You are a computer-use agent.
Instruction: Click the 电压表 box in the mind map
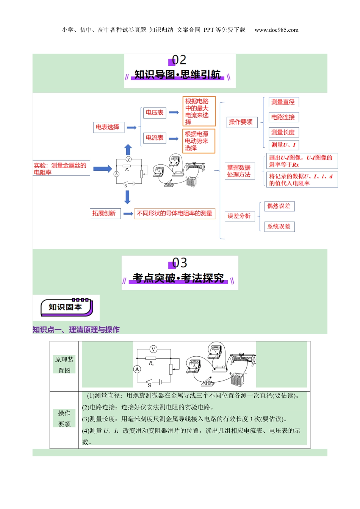[x=155, y=112]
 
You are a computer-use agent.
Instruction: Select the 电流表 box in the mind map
[x=155, y=138]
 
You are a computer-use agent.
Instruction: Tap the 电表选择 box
[x=108, y=127]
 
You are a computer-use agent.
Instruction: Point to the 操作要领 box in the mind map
[x=241, y=122]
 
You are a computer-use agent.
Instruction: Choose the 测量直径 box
[x=283, y=102]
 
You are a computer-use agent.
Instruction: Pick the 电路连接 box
[x=283, y=117]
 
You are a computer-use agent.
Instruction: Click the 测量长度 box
[x=283, y=132]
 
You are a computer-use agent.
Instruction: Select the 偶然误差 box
[x=279, y=206]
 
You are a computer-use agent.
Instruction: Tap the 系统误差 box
[x=279, y=226]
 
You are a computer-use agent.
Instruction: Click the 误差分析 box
[x=239, y=216]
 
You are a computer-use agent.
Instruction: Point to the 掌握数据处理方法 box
[x=239, y=171]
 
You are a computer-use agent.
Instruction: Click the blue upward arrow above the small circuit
[x=128, y=150]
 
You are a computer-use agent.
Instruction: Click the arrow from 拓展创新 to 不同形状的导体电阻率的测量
[x=128, y=214]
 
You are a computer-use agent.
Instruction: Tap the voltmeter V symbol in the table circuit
[x=153, y=349]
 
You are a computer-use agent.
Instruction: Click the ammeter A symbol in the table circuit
[x=137, y=369]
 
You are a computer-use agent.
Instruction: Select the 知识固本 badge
[x=66, y=307]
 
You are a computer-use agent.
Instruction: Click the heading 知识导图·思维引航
[x=178, y=75]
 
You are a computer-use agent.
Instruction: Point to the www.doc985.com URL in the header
[x=276, y=30]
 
